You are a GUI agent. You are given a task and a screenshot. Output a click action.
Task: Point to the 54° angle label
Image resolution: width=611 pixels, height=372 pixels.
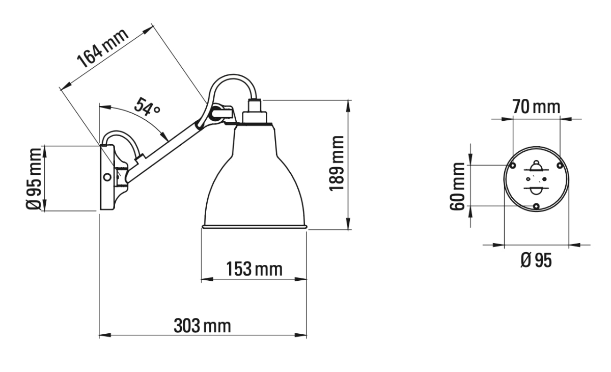coord(147,107)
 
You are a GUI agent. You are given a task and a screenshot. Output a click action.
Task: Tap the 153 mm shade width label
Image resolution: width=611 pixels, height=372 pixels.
coord(253,268)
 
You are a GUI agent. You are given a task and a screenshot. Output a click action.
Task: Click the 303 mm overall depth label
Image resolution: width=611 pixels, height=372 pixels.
coord(202,325)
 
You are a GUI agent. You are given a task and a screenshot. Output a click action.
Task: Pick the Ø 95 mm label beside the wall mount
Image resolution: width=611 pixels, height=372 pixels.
coord(35,178)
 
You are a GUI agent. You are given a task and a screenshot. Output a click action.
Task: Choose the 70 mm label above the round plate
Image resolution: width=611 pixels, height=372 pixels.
coord(536,107)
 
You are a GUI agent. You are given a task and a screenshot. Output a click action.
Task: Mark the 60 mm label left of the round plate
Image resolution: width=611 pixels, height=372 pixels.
coord(459,186)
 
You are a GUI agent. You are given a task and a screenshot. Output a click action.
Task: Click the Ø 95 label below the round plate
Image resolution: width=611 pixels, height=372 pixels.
coord(536,260)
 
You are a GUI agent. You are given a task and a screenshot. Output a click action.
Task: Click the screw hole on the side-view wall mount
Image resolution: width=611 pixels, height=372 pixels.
coord(107,177)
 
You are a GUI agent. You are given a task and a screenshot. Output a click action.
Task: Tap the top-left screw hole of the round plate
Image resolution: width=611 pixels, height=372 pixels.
coord(513,166)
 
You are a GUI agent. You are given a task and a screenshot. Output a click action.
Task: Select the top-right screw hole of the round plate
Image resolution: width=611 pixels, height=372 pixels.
coord(559,166)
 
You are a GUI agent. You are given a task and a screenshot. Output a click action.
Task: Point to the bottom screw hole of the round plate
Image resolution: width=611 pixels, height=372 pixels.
coord(536,206)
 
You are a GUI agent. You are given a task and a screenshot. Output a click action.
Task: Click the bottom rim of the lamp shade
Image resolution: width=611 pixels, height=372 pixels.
coord(255,226)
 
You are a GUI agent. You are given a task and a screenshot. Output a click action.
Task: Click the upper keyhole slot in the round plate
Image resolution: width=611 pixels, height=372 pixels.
coord(536,167)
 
